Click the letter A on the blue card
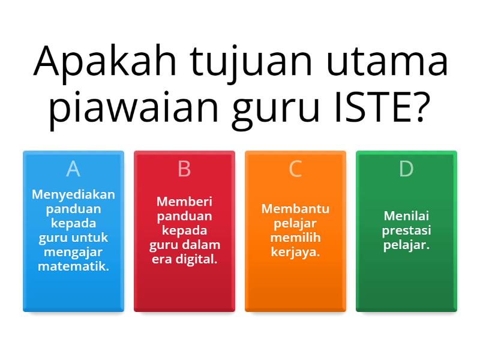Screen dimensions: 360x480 tap(73, 170)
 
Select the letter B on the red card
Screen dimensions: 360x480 tap(184, 170)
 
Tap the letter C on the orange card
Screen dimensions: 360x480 tap(295, 170)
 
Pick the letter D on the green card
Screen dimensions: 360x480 tap(406, 170)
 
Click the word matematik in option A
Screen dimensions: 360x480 tap(73, 266)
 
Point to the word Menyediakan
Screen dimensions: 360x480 tap(73, 194)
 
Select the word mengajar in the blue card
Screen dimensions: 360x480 tap(73, 252)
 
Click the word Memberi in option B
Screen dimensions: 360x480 tap(184, 202)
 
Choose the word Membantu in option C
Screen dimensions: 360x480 tap(295, 209)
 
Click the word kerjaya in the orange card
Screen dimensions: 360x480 tap(295, 252)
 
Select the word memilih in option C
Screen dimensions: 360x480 tap(295, 238)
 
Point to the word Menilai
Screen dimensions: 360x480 tap(406, 216)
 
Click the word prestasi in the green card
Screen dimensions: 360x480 tap(406, 230)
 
